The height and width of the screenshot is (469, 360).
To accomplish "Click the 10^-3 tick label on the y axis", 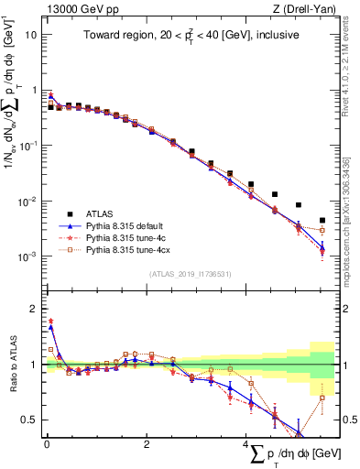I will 27,257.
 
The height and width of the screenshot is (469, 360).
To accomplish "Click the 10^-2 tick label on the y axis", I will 27,202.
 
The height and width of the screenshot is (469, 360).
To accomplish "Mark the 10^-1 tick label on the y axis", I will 27,147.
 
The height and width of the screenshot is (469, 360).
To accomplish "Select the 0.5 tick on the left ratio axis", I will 29,420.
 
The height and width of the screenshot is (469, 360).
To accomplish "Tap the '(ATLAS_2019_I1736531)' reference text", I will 190,274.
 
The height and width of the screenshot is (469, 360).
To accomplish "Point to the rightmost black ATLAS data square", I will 322,220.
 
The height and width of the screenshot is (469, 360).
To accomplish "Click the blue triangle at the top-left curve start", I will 51,95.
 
